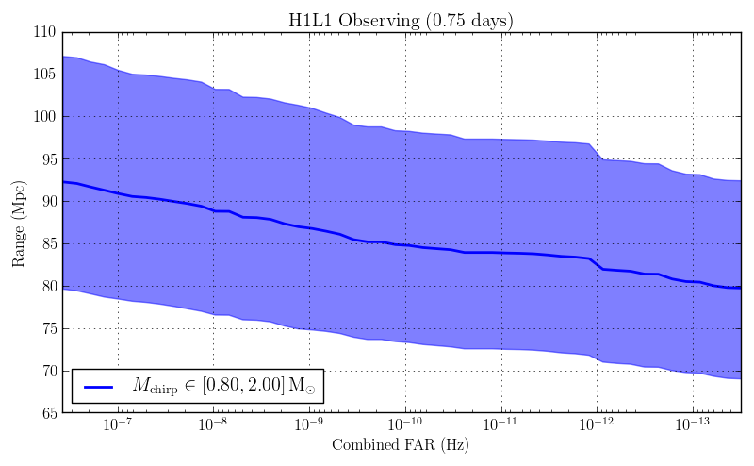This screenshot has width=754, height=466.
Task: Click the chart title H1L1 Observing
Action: [x=401, y=20]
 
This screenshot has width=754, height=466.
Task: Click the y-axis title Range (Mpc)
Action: [x=19, y=223]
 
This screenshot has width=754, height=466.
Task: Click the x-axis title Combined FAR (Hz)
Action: [x=401, y=444]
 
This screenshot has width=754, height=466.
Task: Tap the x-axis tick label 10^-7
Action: [x=117, y=425]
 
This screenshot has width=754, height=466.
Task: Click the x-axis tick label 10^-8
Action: [x=212, y=425]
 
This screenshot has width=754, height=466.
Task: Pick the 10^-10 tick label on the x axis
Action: [x=404, y=425]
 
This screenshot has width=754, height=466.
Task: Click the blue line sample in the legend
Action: [x=99, y=387]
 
